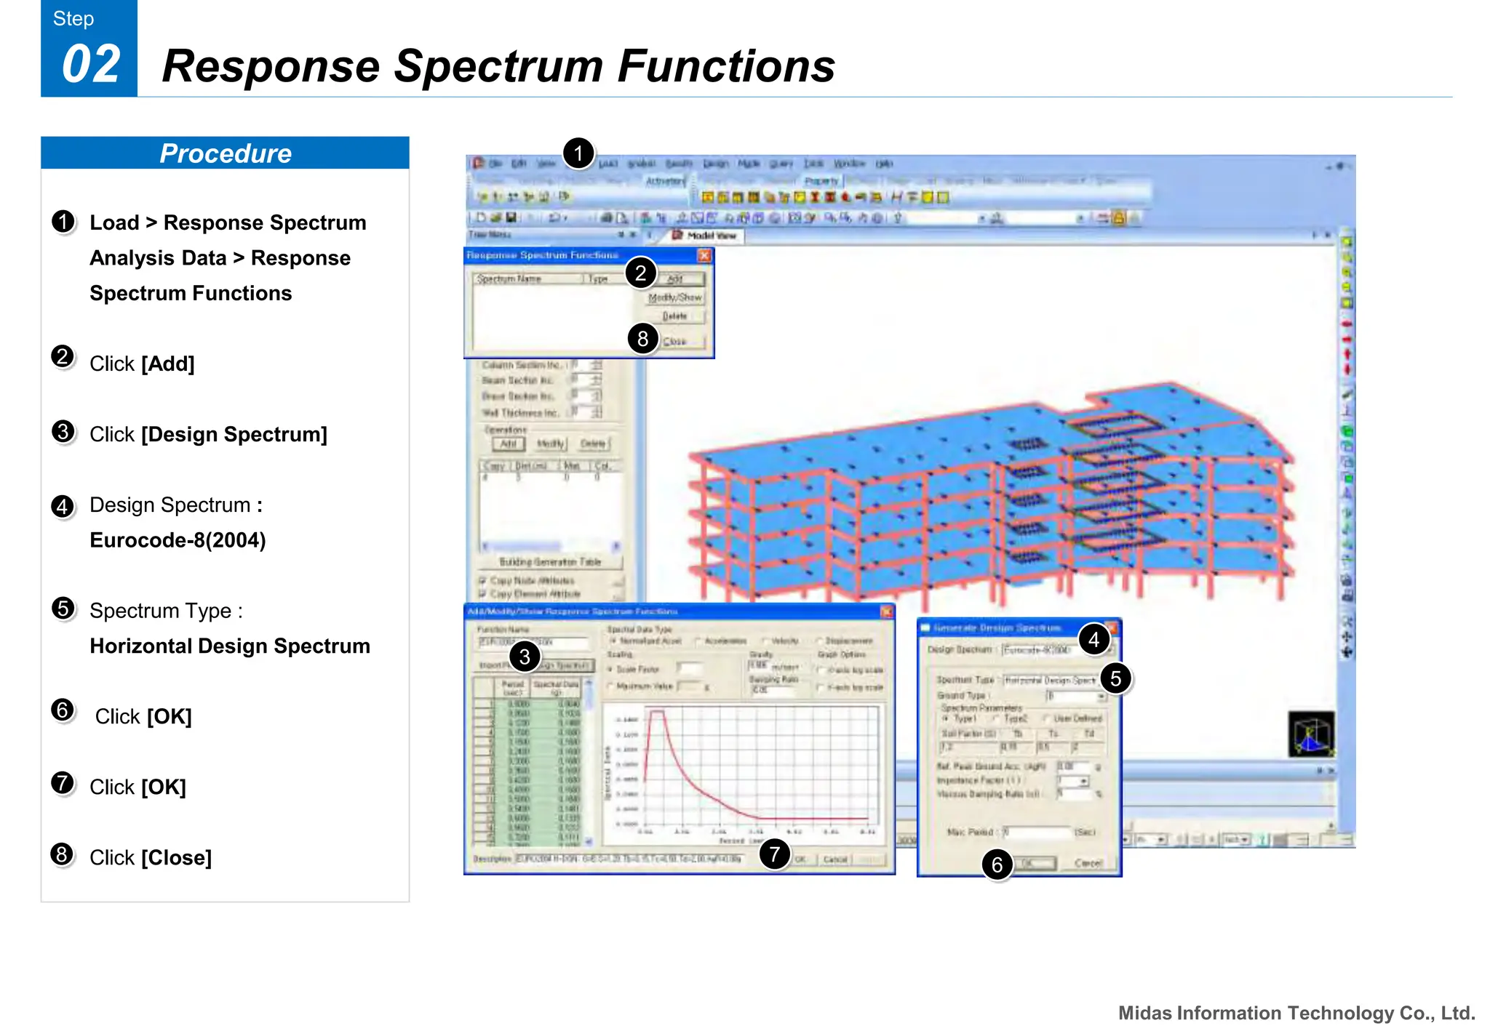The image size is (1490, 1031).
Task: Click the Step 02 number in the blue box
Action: (x=90, y=65)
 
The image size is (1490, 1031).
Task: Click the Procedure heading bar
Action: (x=225, y=153)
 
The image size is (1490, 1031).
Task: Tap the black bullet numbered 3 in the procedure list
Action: (x=63, y=432)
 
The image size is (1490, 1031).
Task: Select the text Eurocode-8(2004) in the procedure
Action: (x=178, y=540)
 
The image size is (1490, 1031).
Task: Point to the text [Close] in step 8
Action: (x=176, y=858)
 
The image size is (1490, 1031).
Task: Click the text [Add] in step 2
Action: (x=167, y=364)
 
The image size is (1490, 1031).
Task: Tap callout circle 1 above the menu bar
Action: (x=578, y=153)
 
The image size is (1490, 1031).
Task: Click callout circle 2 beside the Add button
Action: (x=640, y=273)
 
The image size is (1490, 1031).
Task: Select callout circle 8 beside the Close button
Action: (x=642, y=338)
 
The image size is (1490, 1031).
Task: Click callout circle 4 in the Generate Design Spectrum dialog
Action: (x=1093, y=640)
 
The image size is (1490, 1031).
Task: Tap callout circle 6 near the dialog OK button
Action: (x=997, y=864)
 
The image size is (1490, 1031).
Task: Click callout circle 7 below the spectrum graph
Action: (x=774, y=854)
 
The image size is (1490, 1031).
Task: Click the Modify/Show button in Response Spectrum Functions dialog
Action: (x=675, y=298)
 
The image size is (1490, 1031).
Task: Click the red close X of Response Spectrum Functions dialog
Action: (x=704, y=255)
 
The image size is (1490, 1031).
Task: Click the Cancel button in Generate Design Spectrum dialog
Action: (x=1088, y=863)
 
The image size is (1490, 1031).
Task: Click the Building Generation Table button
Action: (x=550, y=562)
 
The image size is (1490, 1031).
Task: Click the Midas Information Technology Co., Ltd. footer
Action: (x=1296, y=1013)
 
